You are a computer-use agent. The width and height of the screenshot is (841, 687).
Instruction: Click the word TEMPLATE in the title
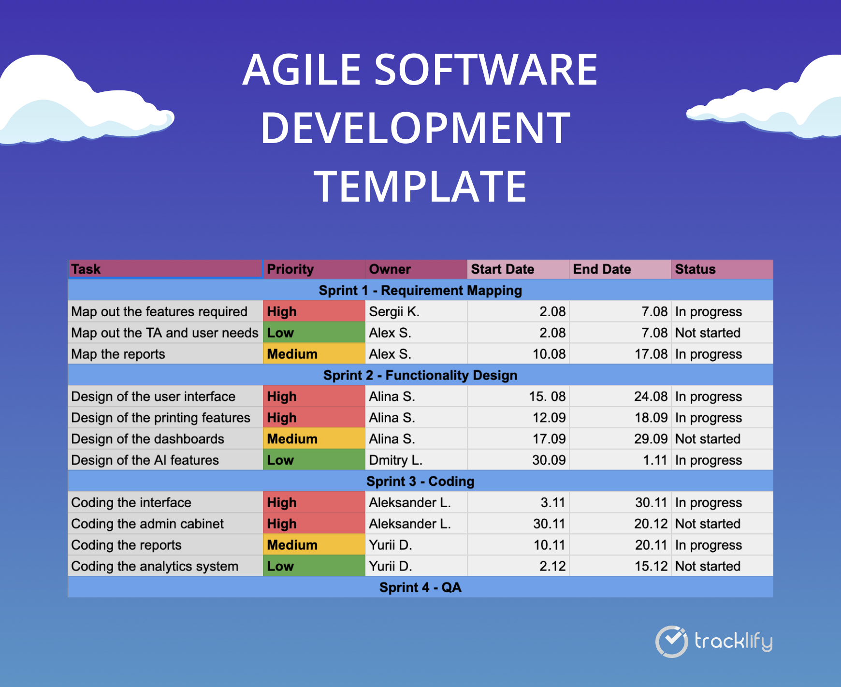[x=420, y=187]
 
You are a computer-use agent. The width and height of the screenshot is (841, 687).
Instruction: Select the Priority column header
[x=290, y=269]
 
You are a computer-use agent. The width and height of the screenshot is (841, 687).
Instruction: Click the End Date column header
[x=602, y=269]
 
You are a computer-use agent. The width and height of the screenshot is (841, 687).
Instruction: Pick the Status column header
[x=695, y=269]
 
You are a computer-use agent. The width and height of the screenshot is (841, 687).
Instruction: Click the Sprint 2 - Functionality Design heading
[x=420, y=375]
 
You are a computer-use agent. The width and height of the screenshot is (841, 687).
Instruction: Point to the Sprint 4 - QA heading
[x=420, y=587]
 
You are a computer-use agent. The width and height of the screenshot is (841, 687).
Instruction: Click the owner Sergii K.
[x=394, y=312]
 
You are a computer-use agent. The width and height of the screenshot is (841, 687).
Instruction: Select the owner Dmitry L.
[x=395, y=460]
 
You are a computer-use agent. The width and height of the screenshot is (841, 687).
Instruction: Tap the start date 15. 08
[x=547, y=397]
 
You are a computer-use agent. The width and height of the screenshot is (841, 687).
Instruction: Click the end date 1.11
[x=655, y=460]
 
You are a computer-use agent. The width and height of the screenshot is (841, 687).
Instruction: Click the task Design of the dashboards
[x=147, y=439]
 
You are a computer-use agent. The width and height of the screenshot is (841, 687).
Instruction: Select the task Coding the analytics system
[x=155, y=567]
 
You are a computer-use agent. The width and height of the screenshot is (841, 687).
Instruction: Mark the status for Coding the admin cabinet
[x=708, y=524]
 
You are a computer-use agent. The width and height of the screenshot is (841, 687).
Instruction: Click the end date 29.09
[x=651, y=439]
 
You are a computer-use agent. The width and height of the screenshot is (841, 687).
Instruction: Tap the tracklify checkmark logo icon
[x=671, y=642]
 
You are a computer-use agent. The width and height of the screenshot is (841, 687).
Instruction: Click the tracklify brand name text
[x=733, y=642]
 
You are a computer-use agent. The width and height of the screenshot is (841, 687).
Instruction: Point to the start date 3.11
[x=552, y=503]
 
